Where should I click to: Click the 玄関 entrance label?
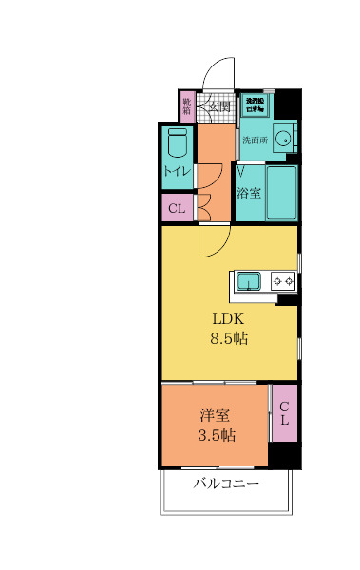click(x=220, y=106)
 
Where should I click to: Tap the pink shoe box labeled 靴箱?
click(x=187, y=104)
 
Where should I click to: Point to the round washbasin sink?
click(x=283, y=135)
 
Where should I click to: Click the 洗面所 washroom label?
click(x=255, y=141)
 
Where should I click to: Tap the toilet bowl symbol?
click(x=177, y=145)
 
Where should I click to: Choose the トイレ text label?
click(x=177, y=172)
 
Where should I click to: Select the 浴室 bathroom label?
click(x=249, y=193)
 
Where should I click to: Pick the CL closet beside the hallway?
click(x=177, y=208)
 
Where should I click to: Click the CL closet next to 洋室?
click(x=284, y=413)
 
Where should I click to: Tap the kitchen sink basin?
click(x=250, y=280)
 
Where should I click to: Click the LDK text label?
click(x=228, y=318)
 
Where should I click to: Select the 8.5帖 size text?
click(x=228, y=338)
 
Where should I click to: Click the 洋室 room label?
click(x=216, y=415)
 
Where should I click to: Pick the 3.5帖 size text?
click(x=217, y=436)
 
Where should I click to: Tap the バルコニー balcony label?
click(x=226, y=484)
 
